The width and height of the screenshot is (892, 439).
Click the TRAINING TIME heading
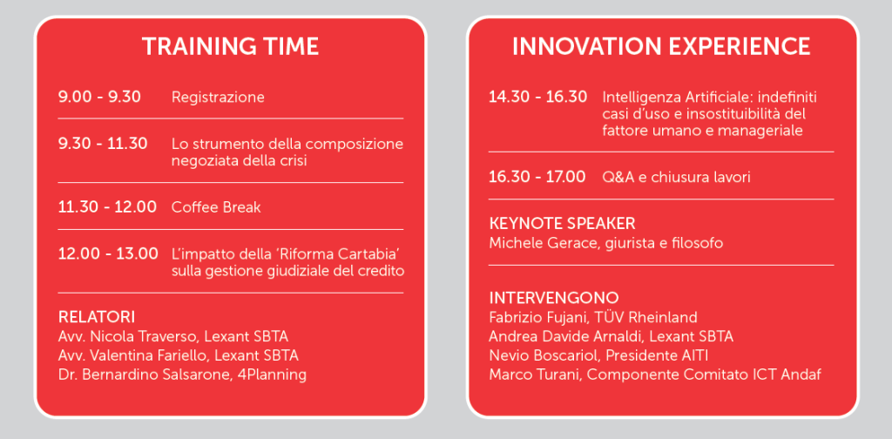pyautogui.click(x=230, y=47)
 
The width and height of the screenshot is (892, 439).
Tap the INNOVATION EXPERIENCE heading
pyautogui.click(x=661, y=47)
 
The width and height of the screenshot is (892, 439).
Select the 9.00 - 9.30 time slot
pyautogui.click(x=99, y=97)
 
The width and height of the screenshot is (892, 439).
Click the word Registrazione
pyautogui.click(x=218, y=98)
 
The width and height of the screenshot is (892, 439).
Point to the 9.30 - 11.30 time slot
pyautogui.click(x=103, y=144)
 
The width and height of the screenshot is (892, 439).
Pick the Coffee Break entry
pyautogui.click(x=216, y=207)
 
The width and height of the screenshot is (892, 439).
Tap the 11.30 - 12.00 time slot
pyautogui.click(x=107, y=207)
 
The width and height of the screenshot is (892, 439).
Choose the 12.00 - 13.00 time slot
pyautogui.click(x=108, y=253)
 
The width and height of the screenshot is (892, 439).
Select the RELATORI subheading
pyautogui.click(x=97, y=316)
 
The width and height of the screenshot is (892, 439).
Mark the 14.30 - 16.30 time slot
pyautogui.click(x=538, y=97)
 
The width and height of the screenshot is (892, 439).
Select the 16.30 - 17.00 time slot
pyautogui.click(x=537, y=177)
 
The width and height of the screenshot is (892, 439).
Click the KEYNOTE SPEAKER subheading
pyautogui.click(x=562, y=223)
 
